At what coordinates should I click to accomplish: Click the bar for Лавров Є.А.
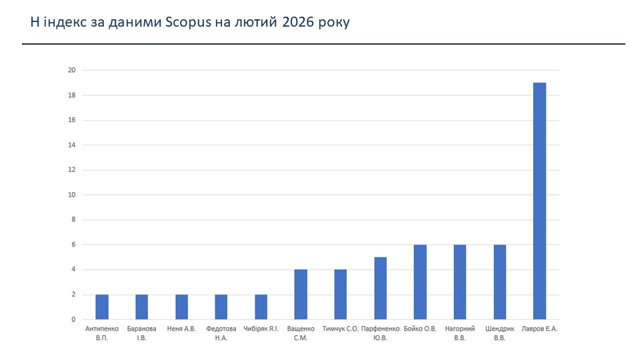[x=539, y=201]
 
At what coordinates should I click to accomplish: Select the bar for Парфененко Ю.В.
[x=380, y=288]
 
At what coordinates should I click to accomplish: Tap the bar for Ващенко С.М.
[x=301, y=294]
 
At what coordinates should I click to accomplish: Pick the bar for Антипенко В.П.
[x=102, y=307]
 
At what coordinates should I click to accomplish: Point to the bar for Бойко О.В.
[x=420, y=282]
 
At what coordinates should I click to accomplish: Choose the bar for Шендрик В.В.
[x=500, y=282]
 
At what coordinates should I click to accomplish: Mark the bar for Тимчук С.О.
[x=341, y=294]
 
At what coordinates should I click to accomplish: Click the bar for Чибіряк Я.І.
[x=261, y=307]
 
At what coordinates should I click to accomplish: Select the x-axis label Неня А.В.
[x=181, y=329]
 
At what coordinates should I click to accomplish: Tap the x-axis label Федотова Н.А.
[x=221, y=333]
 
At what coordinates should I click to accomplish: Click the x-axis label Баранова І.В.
[x=141, y=333]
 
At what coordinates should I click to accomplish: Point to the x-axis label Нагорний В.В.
[x=460, y=333]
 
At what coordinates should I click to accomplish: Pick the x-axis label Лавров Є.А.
[x=539, y=329]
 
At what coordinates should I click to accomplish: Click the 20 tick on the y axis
[x=71, y=71]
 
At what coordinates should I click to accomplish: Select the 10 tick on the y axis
[x=71, y=195]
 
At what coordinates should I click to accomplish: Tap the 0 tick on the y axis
[x=73, y=319]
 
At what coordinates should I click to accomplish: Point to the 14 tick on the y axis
[x=71, y=145]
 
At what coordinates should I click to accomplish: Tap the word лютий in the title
[x=257, y=23]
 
